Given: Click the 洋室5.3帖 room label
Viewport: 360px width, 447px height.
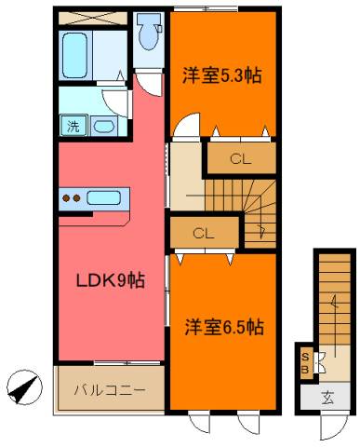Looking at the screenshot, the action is pos(222,74).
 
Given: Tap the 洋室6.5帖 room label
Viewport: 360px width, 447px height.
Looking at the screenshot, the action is pos(224,327).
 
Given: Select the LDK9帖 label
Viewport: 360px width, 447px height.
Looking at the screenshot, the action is pos(111,280).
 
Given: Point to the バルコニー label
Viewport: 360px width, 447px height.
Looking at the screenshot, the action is pos(110,389).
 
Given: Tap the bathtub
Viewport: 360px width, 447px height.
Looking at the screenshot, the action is pos(74,56).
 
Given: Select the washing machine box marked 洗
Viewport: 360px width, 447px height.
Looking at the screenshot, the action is pos(73,126).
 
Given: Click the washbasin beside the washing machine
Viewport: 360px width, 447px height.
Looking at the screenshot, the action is pos(104,127).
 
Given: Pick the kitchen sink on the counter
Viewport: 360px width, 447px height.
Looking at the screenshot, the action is pos(103,198).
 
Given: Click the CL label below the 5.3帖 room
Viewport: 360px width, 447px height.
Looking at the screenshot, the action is pos(240,159).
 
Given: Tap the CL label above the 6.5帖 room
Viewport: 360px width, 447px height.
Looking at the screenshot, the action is pos(203,234).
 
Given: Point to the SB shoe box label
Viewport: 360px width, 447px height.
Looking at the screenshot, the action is pos(305,363).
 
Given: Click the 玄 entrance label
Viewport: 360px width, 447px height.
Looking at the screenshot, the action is pos(327,398).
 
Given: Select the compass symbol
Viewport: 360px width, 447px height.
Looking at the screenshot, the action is pos(24,387).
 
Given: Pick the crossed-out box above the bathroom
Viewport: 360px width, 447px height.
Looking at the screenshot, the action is pos(93,19).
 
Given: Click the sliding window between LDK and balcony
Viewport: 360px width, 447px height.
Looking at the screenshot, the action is pos(127,362).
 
